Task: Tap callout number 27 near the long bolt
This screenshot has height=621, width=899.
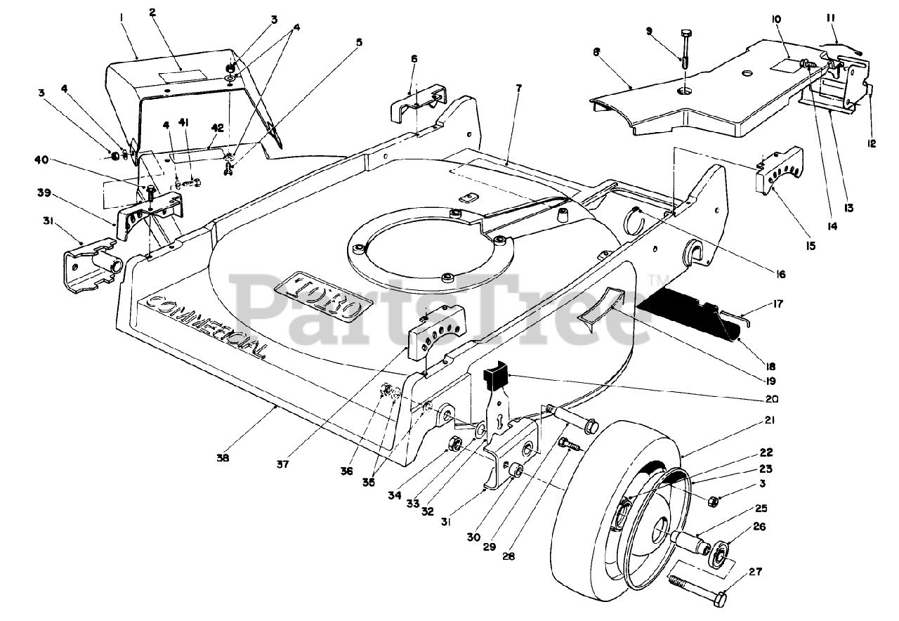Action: (x=734, y=571)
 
